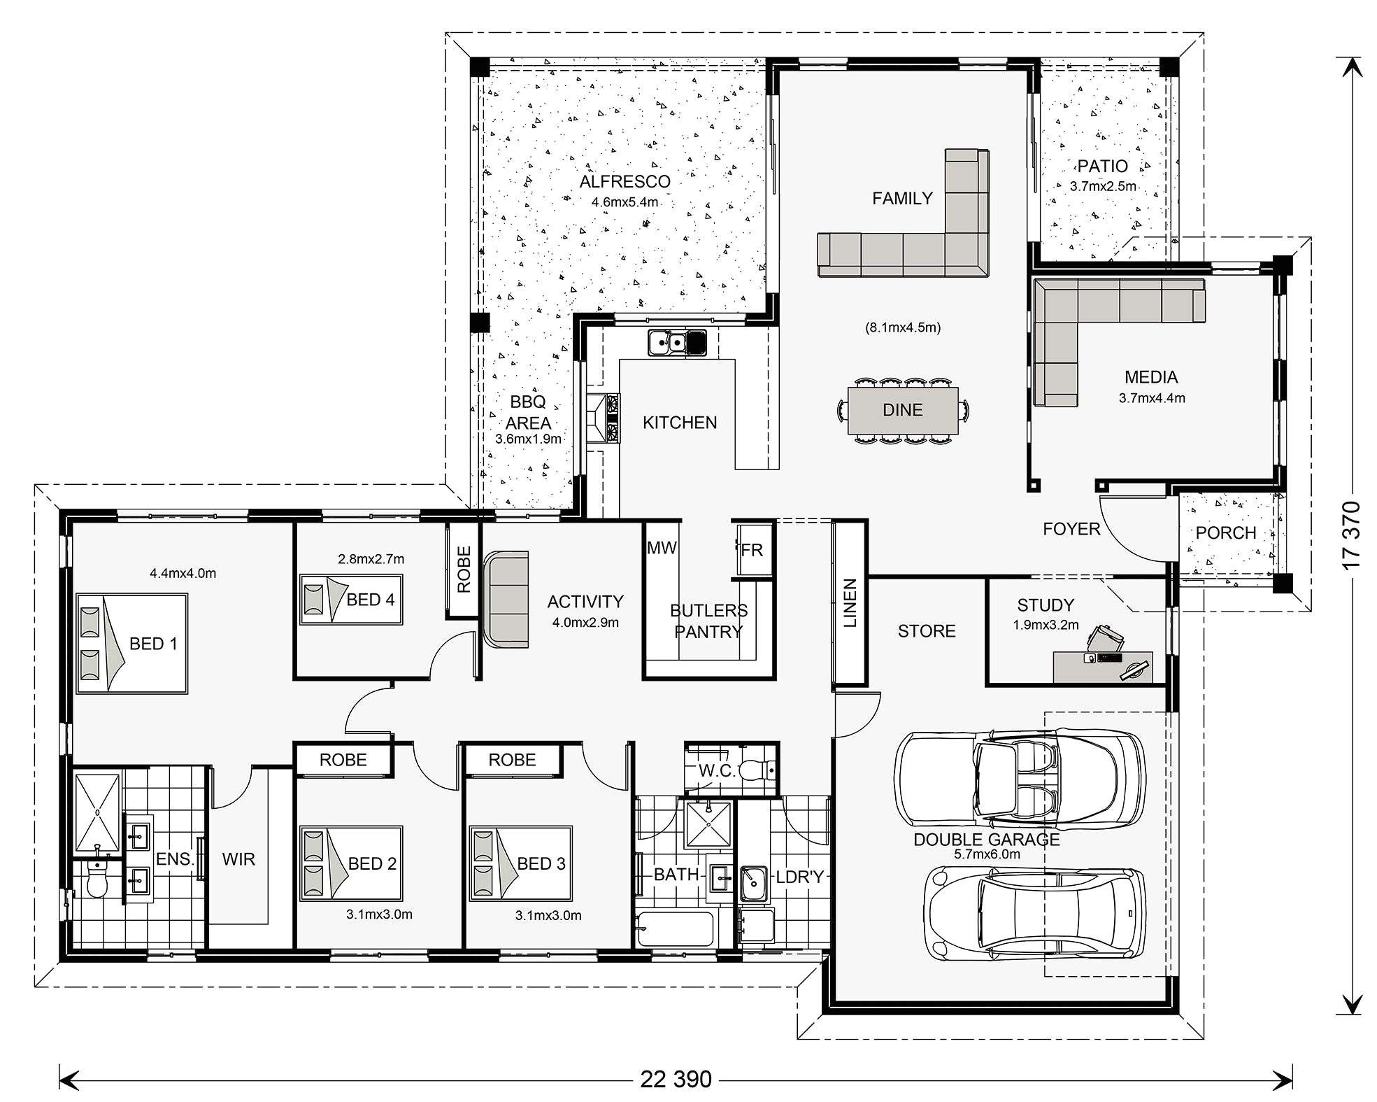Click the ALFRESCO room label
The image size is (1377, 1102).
625,182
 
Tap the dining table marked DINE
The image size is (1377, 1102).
902,411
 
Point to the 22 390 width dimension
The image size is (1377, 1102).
676,1078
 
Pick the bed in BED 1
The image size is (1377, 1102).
131,644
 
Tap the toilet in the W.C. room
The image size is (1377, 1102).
757,770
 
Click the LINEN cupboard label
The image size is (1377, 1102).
850,602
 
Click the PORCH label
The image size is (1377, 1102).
1226,533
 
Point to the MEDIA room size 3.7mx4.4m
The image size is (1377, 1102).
1151,398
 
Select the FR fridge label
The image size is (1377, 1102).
752,550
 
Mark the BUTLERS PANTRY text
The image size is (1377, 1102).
708,621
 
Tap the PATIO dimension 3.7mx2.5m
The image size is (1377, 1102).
1102,187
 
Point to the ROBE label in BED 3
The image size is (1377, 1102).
512,760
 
